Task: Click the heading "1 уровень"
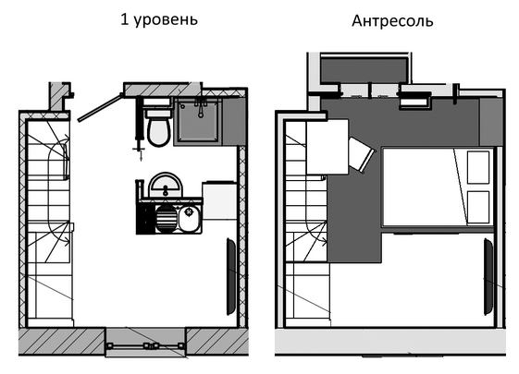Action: [x=159, y=19]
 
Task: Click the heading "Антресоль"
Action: [x=392, y=21]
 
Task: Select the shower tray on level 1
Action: [x=198, y=120]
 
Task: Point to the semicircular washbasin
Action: [x=166, y=185]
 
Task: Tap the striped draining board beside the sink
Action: [x=166, y=219]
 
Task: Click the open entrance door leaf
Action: [x=99, y=108]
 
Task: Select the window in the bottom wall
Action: [x=145, y=346]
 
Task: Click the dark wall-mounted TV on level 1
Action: [x=230, y=277]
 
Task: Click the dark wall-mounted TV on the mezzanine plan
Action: [x=488, y=276]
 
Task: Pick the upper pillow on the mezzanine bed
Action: [x=478, y=167]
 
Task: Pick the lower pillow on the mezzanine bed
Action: [x=478, y=207]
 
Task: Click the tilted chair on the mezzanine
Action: [x=362, y=155]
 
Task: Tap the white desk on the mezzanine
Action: [x=327, y=147]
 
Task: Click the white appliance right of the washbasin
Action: [x=219, y=200]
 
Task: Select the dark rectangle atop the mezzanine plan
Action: [x=365, y=69]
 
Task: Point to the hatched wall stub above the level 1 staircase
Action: [x=59, y=96]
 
